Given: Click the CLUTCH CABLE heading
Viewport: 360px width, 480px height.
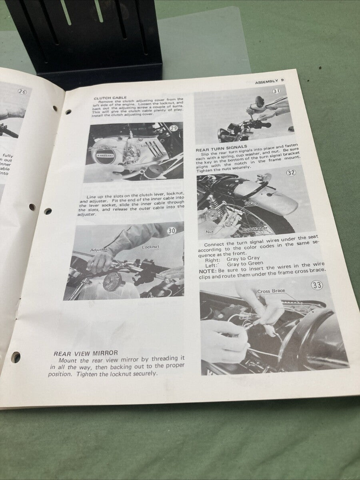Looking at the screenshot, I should (110, 98).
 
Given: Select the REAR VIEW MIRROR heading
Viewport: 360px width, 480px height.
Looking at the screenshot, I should (86, 353).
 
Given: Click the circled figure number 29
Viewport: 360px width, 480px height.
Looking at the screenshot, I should (174, 128).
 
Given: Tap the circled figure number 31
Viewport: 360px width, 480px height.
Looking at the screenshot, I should (276, 91).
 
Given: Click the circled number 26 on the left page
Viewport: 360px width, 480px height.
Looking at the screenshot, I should (22, 92).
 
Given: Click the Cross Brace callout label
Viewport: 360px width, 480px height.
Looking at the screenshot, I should (271, 291).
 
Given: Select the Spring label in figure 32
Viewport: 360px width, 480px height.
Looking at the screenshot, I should (251, 204).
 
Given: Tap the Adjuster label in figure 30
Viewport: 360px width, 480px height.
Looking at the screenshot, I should (98, 250).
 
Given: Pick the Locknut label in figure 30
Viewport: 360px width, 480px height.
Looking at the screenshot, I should (150, 247).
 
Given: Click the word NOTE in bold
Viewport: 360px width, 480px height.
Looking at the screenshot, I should (206, 271).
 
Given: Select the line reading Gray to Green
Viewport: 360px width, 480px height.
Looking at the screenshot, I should (245, 264).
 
